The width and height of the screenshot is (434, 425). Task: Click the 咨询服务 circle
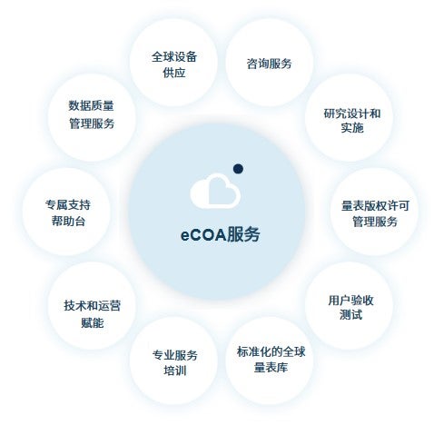(269, 63)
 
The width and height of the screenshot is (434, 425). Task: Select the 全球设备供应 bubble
(173, 63)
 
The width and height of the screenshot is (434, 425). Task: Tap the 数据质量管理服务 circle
(92, 117)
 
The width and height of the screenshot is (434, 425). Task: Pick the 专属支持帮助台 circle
(67, 212)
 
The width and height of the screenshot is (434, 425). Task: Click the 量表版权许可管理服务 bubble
(375, 212)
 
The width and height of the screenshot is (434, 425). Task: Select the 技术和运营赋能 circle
(92, 306)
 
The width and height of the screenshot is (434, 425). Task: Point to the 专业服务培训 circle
(173, 361)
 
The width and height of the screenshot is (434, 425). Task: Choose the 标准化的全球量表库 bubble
(269, 361)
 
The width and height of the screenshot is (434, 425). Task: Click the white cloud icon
(215, 191)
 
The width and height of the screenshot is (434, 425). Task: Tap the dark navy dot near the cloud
(238, 169)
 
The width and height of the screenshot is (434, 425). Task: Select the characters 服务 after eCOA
(243, 234)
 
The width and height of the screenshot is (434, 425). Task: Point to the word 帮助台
(68, 221)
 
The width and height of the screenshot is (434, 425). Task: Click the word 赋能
(93, 322)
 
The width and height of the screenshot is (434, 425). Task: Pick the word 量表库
(271, 368)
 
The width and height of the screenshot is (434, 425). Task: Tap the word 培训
(175, 371)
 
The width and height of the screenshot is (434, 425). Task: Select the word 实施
(352, 128)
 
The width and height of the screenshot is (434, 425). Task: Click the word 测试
(350, 315)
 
